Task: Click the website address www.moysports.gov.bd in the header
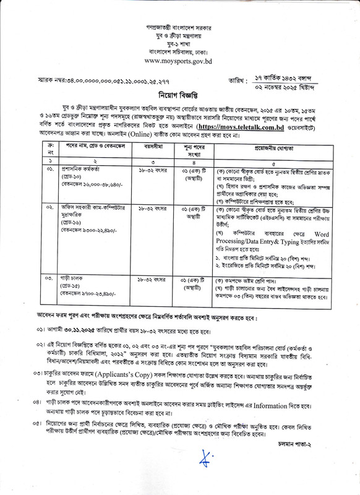tap(179, 61)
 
